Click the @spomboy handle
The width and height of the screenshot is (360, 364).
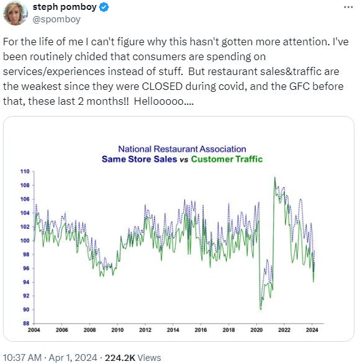pos(57,20)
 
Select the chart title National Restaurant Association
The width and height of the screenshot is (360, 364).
pos(182,149)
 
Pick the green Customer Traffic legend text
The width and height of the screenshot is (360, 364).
pos(226,159)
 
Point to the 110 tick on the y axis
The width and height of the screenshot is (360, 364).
pos(24,171)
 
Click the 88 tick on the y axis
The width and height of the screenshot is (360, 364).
pos(25,323)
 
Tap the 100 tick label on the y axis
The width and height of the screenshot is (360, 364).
pos(24,240)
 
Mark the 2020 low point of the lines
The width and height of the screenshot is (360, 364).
pos(261,309)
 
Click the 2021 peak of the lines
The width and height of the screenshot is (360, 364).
pos(274,178)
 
